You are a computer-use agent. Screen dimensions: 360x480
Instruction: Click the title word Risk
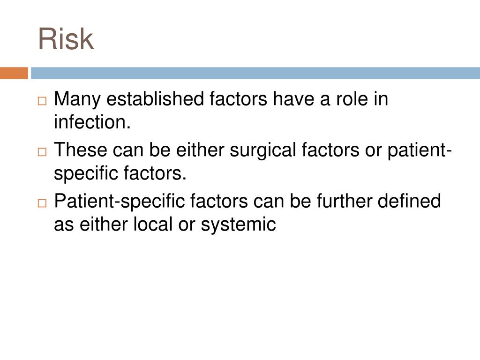[66, 39]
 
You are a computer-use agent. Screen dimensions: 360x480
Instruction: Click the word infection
[92, 123]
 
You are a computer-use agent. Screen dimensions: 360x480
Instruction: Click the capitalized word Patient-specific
[120, 202]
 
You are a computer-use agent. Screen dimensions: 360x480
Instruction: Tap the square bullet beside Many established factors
[43, 101]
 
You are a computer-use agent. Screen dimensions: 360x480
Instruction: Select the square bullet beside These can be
[43, 152]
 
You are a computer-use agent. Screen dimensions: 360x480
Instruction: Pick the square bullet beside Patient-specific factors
[43, 203]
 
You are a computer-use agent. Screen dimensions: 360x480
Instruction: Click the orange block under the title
[14, 73]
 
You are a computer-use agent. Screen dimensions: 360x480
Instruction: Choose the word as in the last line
[64, 225]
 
